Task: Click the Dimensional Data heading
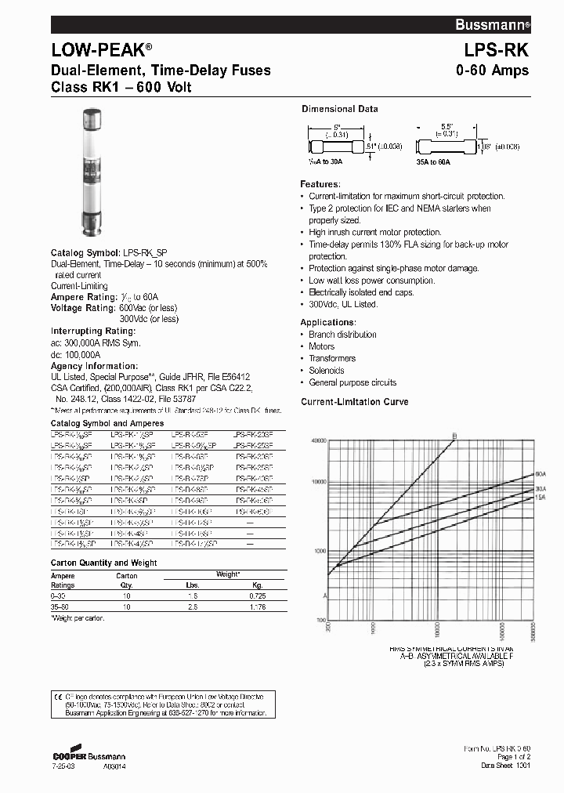coord(339,109)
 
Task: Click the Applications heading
coord(328,322)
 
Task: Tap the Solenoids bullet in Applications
coord(328,371)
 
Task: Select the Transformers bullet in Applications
coord(332,358)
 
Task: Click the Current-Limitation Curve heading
coord(355,402)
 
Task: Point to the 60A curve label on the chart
coord(540,475)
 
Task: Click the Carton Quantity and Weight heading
coord(103,563)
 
